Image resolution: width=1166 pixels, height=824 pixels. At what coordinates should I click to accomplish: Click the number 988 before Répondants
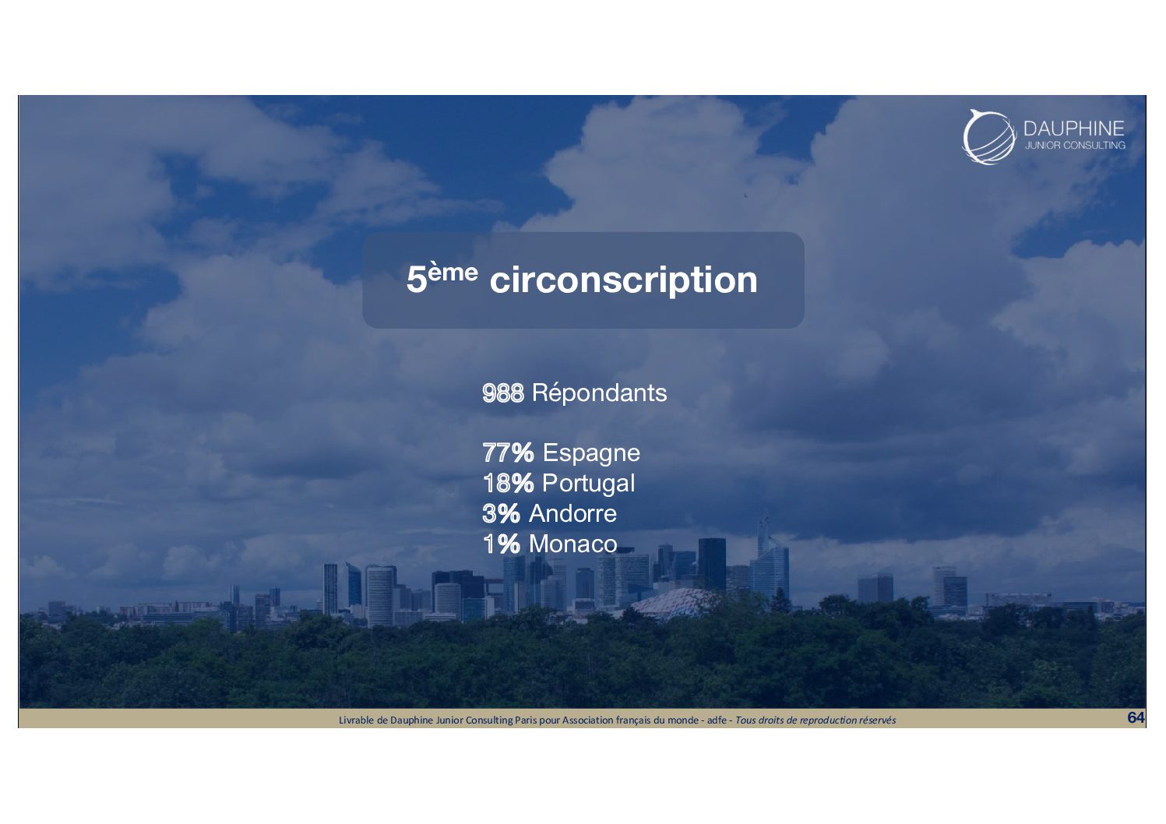(x=503, y=393)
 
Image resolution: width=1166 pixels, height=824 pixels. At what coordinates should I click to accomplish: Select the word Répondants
(x=599, y=393)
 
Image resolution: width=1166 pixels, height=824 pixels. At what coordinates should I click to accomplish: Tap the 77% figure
(x=508, y=452)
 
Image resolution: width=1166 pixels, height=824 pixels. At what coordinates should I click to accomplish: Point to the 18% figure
(x=508, y=483)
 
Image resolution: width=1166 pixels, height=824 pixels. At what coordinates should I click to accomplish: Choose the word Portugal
(x=589, y=484)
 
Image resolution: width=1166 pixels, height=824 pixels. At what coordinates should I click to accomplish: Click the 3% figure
(x=502, y=514)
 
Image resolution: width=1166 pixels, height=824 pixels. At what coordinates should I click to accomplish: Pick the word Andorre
(x=573, y=513)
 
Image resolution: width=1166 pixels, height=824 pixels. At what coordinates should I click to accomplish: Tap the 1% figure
(x=502, y=544)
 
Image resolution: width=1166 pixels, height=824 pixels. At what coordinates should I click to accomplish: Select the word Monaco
(x=573, y=544)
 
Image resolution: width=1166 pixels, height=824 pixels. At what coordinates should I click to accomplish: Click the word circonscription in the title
(x=624, y=281)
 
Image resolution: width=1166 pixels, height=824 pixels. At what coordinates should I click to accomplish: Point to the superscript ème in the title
(x=453, y=272)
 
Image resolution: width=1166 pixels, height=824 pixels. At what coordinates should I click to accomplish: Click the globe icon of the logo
(x=989, y=137)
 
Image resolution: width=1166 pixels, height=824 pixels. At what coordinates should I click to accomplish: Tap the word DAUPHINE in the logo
(x=1074, y=129)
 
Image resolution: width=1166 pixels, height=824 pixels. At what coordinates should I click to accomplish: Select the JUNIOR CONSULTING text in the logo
(x=1075, y=145)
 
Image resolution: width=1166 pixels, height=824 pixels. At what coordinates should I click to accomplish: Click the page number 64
(x=1136, y=717)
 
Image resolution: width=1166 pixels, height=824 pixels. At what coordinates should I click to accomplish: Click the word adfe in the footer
(x=717, y=720)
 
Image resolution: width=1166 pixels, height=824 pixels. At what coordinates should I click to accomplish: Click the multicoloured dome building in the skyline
(x=672, y=601)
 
